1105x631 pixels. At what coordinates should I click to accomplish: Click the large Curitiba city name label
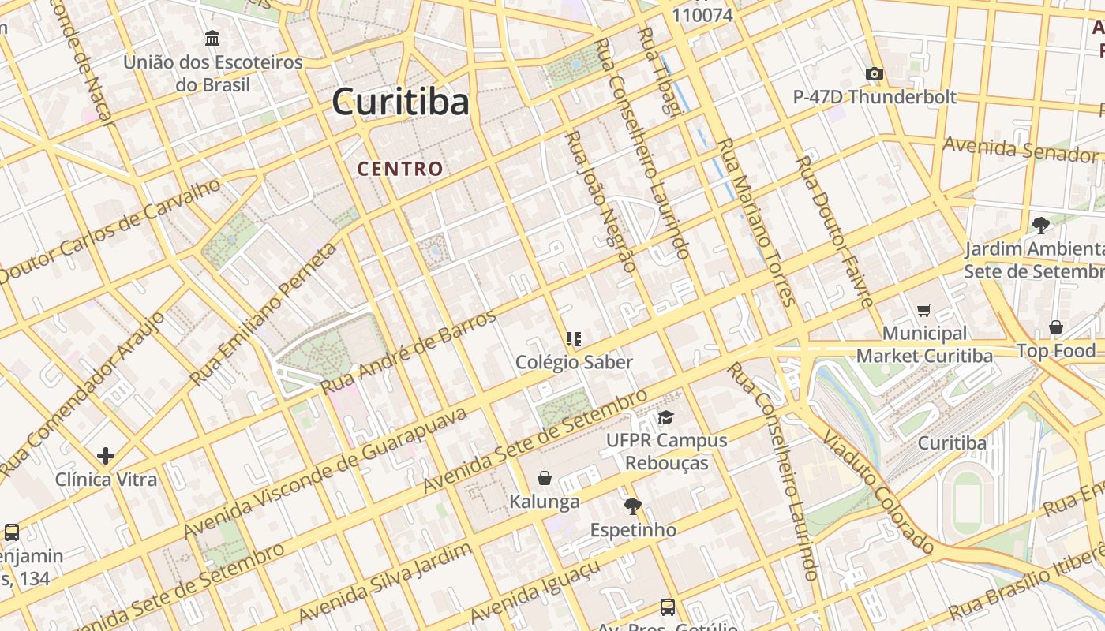pyautogui.click(x=400, y=102)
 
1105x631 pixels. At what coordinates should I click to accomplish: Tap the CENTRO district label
pyautogui.click(x=400, y=169)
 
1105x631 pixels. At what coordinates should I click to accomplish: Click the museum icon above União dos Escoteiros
pyautogui.click(x=212, y=38)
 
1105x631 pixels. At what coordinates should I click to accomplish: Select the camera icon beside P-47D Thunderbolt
pyautogui.click(x=874, y=74)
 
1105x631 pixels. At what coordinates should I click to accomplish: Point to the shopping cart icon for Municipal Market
pyautogui.click(x=923, y=311)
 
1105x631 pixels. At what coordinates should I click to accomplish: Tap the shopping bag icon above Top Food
pyautogui.click(x=1056, y=327)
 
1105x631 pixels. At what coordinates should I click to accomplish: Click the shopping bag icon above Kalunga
pyautogui.click(x=544, y=478)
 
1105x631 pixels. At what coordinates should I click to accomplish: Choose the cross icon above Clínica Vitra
pyautogui.click(x=106, y=456)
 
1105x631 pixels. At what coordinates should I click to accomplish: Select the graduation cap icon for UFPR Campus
pyautogui.click(x=666, y=417)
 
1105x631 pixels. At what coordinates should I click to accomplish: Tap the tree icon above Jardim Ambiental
pyautogui.click(x=1041, y=226)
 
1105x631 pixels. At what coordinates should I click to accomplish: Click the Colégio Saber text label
pyautogui.click(x=574, y=362)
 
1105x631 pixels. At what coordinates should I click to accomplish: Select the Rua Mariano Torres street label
pyautogui.click(x=755, y=222)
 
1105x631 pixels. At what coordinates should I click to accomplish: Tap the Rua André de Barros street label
pyautogui.click(x=409, y=352)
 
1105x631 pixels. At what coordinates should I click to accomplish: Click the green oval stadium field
pyautogui.click(x=967, y=501)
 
